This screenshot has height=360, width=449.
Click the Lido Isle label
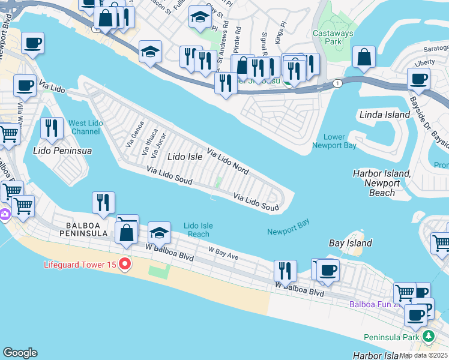(x=185, y=157)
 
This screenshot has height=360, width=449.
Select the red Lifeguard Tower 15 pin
(x=125, y=264)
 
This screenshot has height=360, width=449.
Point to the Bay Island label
(x=351, y=243)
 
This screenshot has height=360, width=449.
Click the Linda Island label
(x=384, y=115)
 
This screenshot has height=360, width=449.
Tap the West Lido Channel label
(x=86, y=127)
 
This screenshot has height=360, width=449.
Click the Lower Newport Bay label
(x=334, y=141)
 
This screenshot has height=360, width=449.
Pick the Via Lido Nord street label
(x=228, y=160)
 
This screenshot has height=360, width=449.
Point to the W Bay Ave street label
(x=223, y=253)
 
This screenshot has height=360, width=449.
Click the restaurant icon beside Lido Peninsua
(x=52, y=128)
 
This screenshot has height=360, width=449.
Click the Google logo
(x=20, y=353)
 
